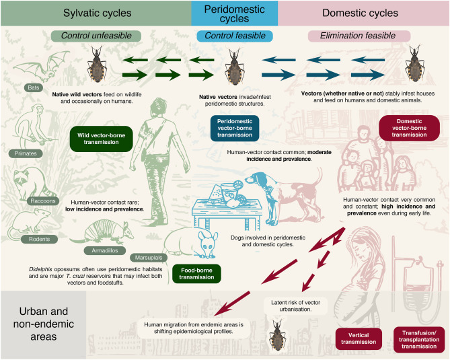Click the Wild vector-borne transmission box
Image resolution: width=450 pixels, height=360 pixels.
(98, 138)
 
